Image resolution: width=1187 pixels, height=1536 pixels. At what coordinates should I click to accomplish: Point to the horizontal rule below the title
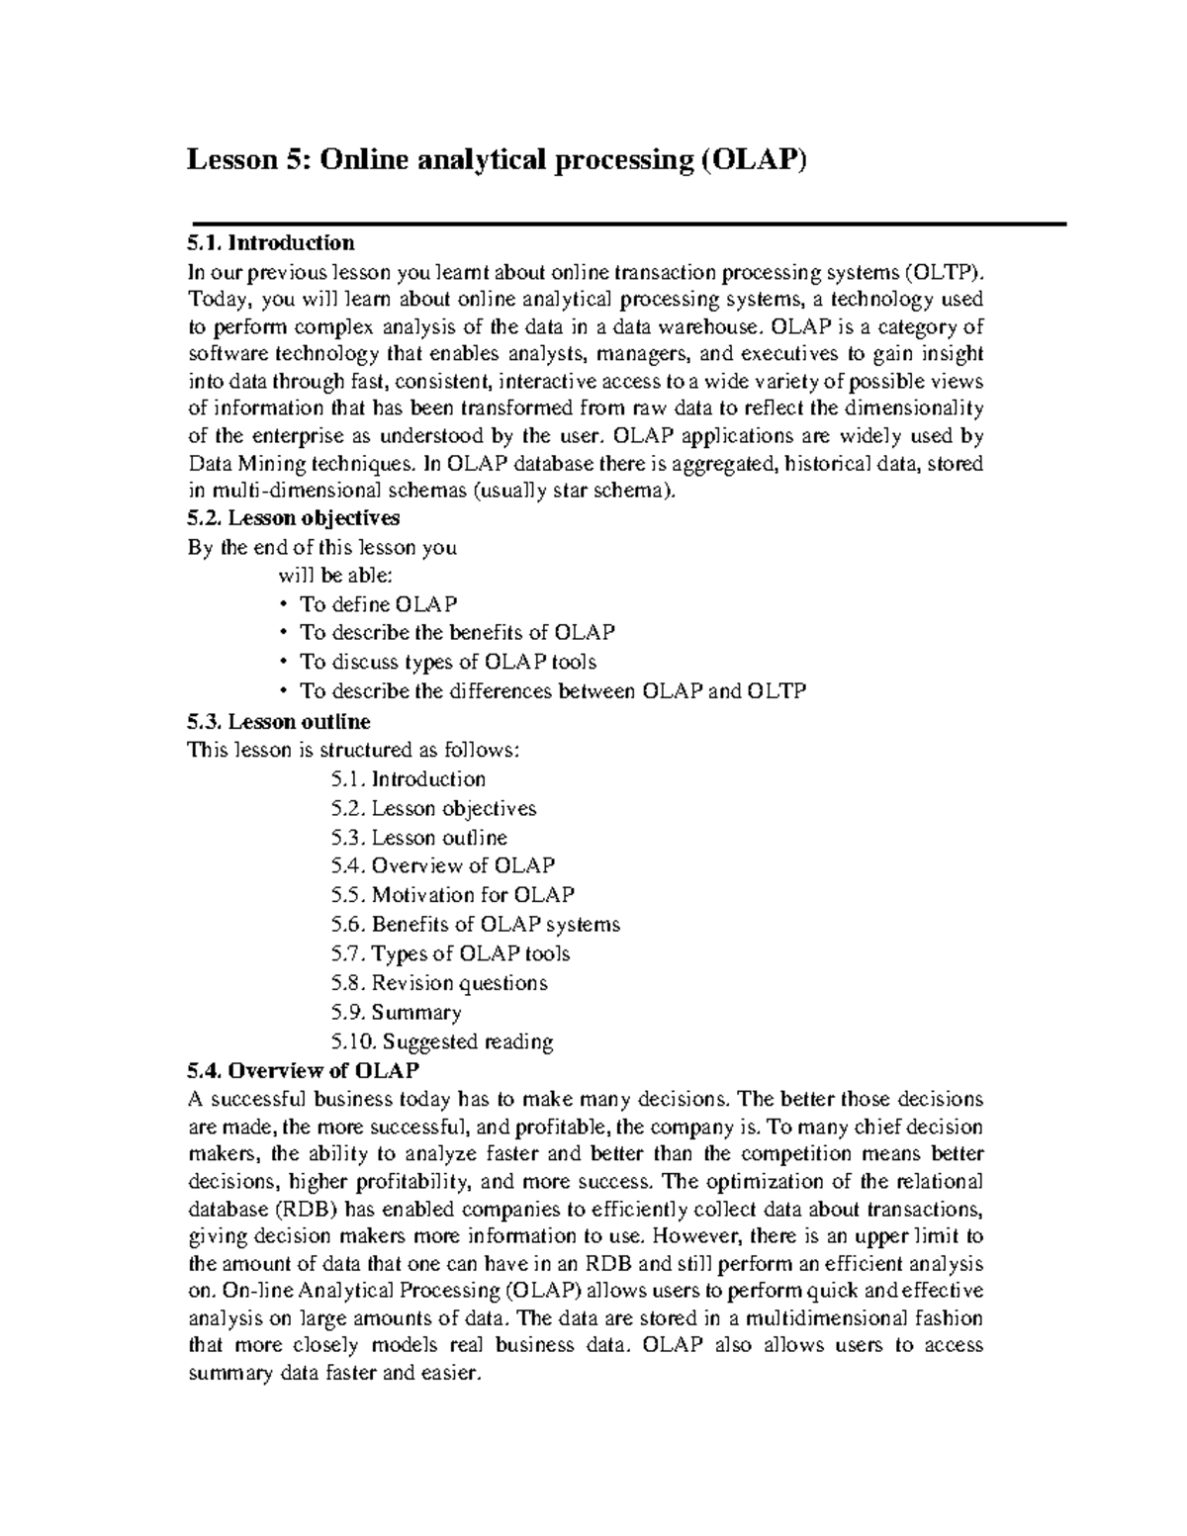click(x=627, y=225)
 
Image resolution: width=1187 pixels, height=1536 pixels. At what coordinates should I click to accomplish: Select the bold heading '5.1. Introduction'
click(x=270, y=243)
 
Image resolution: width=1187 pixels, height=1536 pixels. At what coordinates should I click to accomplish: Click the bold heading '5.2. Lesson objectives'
click(x=293, y=517)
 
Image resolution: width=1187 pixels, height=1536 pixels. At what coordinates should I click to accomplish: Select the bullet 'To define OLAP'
click(x=378, y=604)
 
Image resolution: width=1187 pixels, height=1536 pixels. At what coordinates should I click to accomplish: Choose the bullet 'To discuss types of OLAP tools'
click(x=447, y=662)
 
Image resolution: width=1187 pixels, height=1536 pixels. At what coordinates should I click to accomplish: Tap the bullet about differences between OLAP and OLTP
click(x=552, y=691)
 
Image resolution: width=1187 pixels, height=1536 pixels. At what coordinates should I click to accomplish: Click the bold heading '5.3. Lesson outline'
click(x=278, y=721)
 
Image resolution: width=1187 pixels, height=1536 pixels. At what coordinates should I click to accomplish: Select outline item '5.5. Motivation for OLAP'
click(x=453, y=895)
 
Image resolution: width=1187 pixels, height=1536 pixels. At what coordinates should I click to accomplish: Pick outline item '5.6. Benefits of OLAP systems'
click(x=476, y=925)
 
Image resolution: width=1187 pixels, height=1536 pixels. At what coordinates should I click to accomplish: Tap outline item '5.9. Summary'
click(x=397, y=1013)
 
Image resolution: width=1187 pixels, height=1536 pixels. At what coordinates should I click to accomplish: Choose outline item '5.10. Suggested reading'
click(x=442, y=1041)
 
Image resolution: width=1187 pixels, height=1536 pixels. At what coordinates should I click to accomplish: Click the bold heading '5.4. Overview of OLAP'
click(x=303, y=1070)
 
